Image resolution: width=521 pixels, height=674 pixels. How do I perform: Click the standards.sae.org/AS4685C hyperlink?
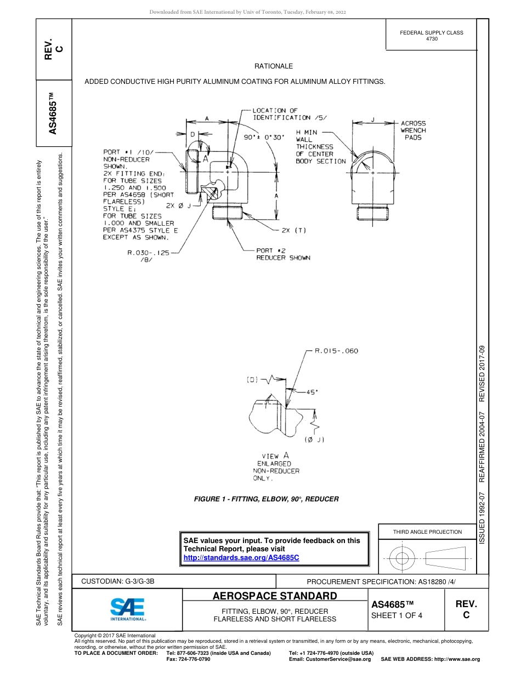tap(241, 557)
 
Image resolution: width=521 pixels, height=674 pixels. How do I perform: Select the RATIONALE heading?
tap(274, 66)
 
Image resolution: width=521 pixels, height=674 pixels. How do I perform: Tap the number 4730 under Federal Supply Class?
tap(432, 39)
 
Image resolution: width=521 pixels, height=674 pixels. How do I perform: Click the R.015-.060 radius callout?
tap(336, 351)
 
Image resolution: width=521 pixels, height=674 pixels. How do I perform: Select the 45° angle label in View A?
tap(312, 392)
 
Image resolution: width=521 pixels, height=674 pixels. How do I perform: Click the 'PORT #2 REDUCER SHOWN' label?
tap(283, 254)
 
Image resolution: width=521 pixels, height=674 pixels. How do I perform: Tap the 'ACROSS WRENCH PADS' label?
tap(413, 130)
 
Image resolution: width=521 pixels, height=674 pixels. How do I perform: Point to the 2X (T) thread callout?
tap(293, 231)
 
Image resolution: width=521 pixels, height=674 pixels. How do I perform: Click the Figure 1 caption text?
tap(267, 499)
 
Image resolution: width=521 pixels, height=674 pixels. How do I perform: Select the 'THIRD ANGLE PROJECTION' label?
tap(427, 532)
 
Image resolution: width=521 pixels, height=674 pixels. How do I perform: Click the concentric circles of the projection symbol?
tap(403, 559)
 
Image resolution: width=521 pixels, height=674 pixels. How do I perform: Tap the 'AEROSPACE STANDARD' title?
tap(275, 596)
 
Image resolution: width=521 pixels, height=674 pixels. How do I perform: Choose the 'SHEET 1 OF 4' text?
tap(397, 615)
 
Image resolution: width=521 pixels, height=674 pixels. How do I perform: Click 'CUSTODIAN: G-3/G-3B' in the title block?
tap(122, 581)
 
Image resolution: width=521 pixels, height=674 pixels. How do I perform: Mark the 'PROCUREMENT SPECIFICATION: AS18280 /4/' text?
tap(381, 581)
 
